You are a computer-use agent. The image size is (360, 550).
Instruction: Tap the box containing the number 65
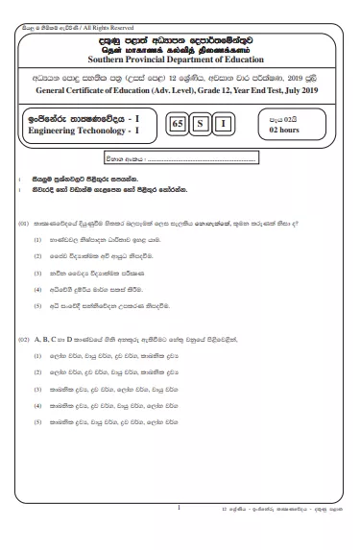point(176,123)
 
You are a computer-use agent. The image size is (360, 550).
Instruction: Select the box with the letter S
point(200,123)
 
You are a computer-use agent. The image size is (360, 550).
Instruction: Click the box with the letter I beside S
point(223,123)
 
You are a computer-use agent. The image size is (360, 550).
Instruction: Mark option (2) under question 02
point(37,369)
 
